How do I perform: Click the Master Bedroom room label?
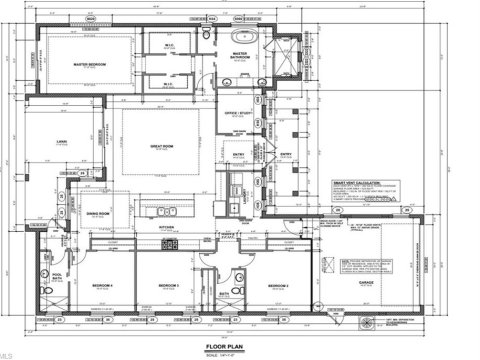[90, 65]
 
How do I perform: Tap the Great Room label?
[163, 147]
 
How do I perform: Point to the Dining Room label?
[97, 213]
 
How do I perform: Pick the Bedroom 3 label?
[170, 285]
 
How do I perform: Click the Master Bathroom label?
[240, 56]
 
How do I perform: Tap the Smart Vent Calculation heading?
[358, 180]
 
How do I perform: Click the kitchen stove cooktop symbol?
[170, 243]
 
